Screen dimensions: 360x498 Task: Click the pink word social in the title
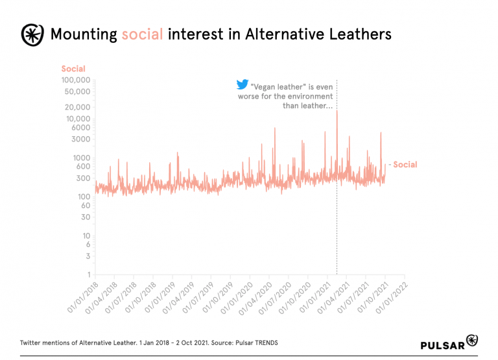tap(141, 34)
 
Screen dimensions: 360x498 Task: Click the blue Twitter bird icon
tap(242, 84)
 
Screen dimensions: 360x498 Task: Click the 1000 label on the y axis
tap(82, 158)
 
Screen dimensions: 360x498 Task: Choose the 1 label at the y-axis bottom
tap(88, 274)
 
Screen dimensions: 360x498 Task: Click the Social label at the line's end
tap(405, 165)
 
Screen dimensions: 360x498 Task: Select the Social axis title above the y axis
tap(73, 69)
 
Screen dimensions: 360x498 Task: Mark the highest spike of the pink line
tap(337, 112)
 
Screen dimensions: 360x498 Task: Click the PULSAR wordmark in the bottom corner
tap(442, 344)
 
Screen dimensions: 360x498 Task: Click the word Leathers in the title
tap(360, 34)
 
